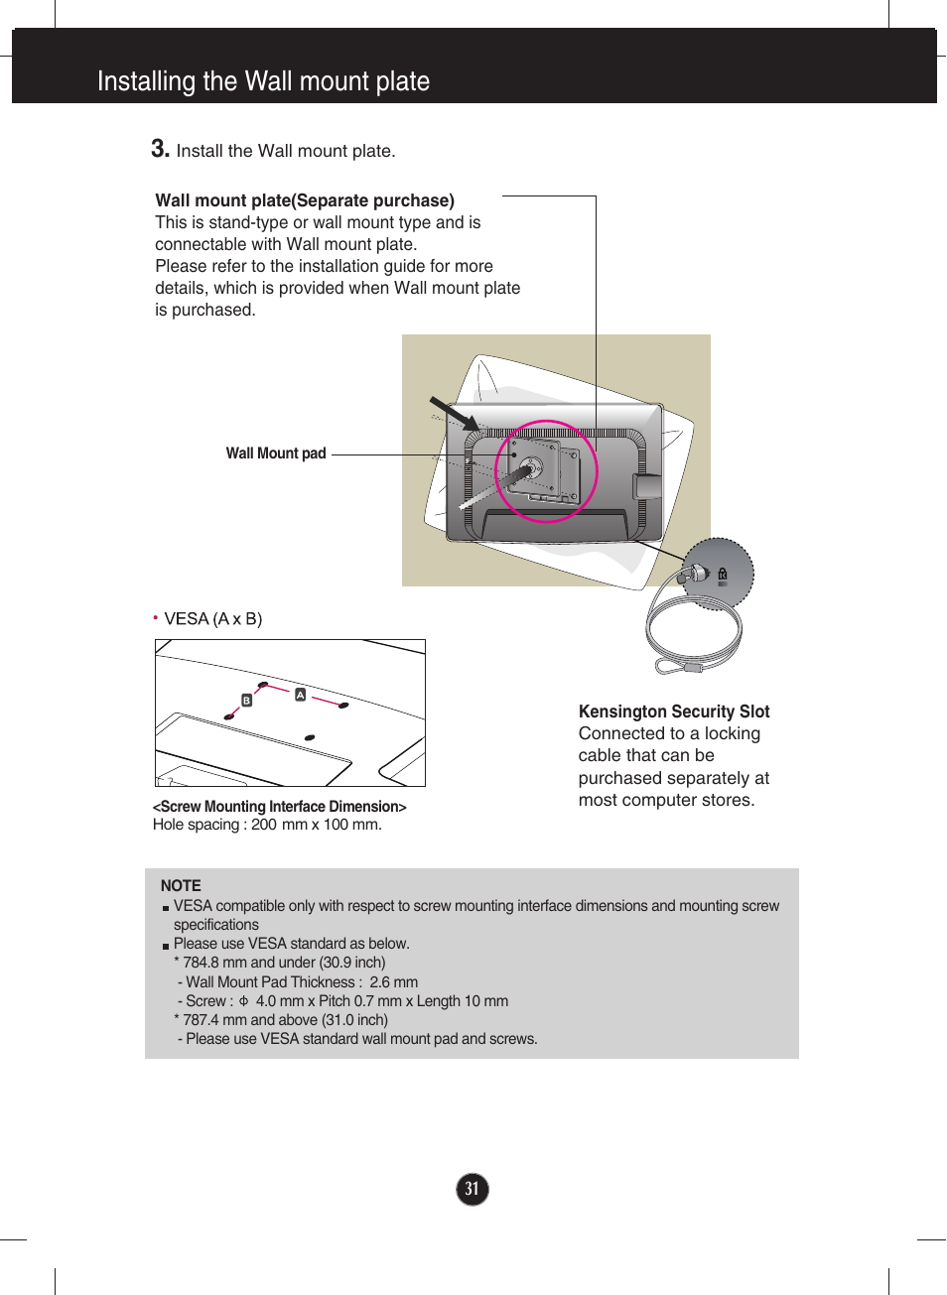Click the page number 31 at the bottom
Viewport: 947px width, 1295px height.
[473, 1189]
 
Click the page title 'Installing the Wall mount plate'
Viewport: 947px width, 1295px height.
[263, 81]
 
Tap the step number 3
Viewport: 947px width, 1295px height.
[159, 149]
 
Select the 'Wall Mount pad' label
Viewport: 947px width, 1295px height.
[276, 453]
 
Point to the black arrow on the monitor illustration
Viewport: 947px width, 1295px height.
[453, 412]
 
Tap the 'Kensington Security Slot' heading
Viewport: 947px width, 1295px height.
[674, 712]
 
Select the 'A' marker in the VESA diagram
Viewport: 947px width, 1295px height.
[300, 695]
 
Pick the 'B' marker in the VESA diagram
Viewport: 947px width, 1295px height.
[247, 701]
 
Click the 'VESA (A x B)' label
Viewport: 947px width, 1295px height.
[213, 619]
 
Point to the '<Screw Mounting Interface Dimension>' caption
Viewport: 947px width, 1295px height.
[280, 807]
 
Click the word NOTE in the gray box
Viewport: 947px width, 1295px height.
[181, 885]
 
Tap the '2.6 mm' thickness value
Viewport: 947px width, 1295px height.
[394, 982]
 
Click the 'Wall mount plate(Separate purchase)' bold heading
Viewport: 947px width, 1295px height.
[305, 200]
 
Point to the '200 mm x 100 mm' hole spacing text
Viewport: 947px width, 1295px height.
[316, 825]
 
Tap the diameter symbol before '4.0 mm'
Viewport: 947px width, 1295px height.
[243, 1001]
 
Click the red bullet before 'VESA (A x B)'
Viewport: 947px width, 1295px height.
[156, 617]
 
